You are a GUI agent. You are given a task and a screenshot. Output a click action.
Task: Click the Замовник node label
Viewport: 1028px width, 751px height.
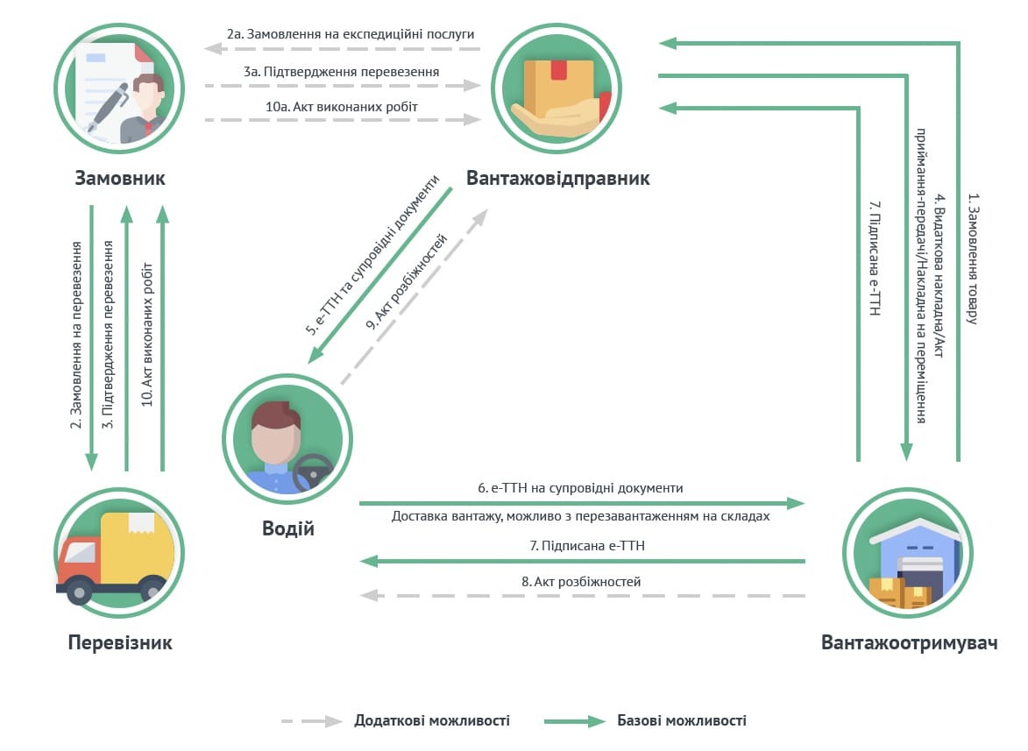coord(120,179)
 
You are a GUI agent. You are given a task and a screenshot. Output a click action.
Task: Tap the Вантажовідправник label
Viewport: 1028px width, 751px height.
coord(558,179)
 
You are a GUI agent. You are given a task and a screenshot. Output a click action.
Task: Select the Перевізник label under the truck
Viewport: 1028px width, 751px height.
coord(120,642)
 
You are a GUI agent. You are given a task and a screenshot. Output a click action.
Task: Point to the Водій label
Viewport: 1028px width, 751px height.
coord(288,528)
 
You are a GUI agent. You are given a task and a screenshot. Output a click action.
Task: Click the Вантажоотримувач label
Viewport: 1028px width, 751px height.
coord(910,642)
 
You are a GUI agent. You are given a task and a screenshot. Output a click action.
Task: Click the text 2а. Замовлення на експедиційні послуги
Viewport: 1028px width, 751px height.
coord(350,33)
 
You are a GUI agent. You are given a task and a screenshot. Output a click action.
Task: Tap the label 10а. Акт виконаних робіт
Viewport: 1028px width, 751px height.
coord(337,106)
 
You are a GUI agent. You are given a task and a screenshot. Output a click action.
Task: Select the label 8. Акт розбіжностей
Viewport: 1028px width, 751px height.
coord(581,581)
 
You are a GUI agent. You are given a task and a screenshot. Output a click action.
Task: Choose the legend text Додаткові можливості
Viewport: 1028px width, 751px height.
coord(431,720)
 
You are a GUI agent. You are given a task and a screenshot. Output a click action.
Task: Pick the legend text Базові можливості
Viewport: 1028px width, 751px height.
coord(682,720)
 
